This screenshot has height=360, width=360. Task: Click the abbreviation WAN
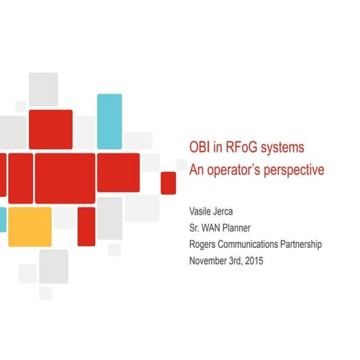[215, 227]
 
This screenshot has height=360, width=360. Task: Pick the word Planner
[245, 227]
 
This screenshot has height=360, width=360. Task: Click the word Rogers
[204, 244]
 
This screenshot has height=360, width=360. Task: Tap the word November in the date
[210, 260]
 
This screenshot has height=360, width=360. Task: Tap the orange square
[30, 226]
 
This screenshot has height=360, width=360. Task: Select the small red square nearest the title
[168, 181]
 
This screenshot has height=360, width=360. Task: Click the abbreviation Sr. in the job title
[195, 227]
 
